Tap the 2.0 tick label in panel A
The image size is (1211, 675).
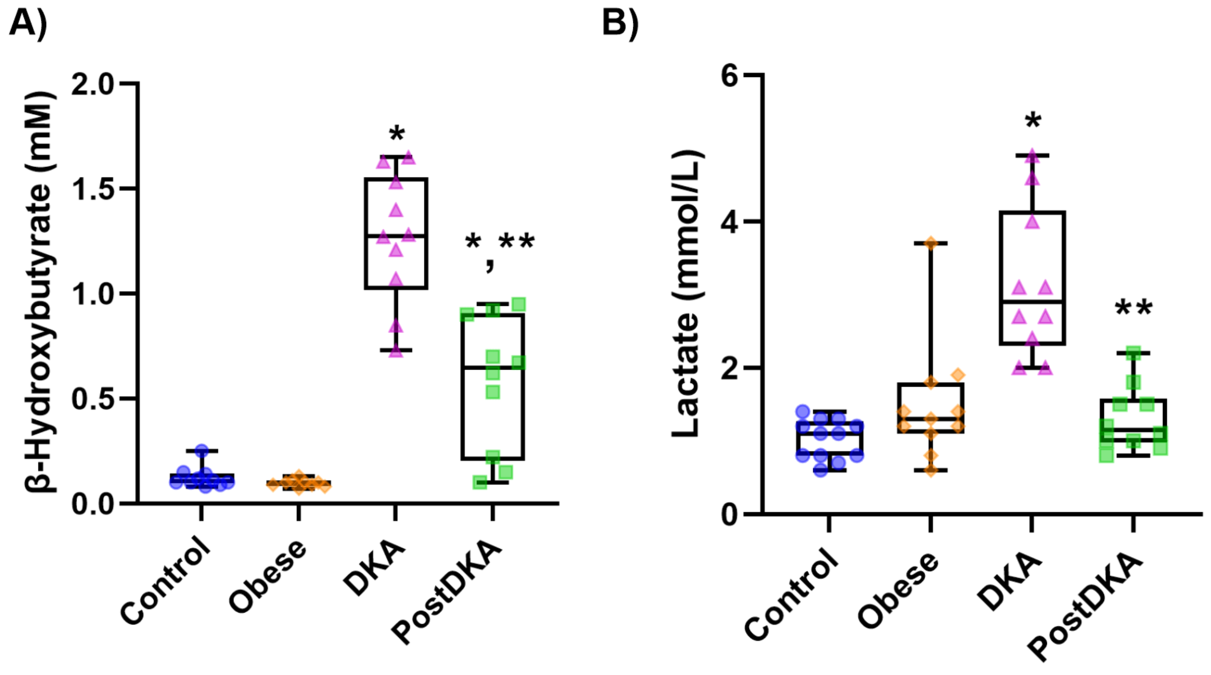[93, 85]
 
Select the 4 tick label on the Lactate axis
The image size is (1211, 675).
[729, 223]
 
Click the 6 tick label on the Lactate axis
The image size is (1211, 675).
[729, 76]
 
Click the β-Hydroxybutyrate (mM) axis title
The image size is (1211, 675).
[40, 293]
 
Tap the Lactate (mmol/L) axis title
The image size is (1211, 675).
[687, 293]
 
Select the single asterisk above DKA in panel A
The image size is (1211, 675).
[397, 135]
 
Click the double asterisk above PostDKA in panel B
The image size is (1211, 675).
[1134, 308]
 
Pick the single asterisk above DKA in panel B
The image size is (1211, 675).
[1033, 121]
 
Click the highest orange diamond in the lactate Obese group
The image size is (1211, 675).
[931, 244]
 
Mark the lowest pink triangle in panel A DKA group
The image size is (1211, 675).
[396, 352]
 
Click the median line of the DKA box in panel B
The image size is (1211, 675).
[1032, 302]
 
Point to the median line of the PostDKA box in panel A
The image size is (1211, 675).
[492, 368]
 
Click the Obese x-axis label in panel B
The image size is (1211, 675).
[898, 590]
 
